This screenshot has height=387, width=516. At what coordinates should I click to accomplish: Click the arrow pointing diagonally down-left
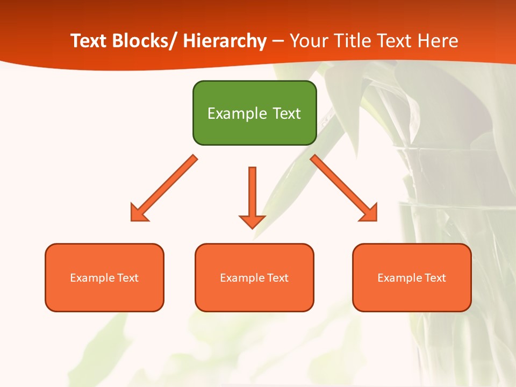(x=163, y=189)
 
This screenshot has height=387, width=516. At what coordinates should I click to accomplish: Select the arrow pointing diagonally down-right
(x=345, y=189)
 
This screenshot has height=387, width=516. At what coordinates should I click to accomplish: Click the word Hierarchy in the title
(x=225, y=41)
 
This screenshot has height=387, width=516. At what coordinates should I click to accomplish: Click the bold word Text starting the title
(x=89, y=41)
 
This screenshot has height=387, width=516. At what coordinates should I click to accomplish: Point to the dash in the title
(x=278, y=41)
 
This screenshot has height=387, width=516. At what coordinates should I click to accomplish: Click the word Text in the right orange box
(x=435, y=278)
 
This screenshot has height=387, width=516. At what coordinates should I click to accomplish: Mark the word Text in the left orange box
(x=127, y=278)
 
